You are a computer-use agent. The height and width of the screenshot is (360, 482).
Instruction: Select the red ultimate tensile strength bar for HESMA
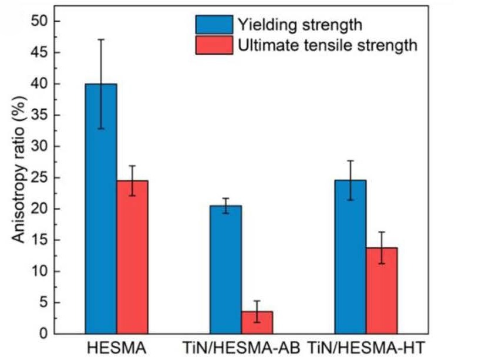(132, 258)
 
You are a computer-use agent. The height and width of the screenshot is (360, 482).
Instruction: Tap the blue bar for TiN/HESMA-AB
(225, 270)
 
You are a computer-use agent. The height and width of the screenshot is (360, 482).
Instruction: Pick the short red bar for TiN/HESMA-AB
(257, 323)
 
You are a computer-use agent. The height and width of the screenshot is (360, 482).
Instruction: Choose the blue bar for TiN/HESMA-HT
(350, 258)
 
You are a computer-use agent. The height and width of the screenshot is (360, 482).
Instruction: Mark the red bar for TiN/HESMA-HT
(382, 291)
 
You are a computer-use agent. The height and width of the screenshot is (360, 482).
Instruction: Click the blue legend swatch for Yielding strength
(214, 25)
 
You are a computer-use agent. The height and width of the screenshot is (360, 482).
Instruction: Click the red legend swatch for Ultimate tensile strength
(214, 45)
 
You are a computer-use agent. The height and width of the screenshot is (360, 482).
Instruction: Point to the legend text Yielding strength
(299, 25)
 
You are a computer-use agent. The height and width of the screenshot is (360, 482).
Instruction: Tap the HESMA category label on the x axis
(116, 348)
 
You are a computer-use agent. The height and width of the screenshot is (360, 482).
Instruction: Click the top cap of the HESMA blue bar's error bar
(101, 39)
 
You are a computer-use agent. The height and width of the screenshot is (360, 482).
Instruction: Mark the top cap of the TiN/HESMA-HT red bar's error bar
(382, 232)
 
